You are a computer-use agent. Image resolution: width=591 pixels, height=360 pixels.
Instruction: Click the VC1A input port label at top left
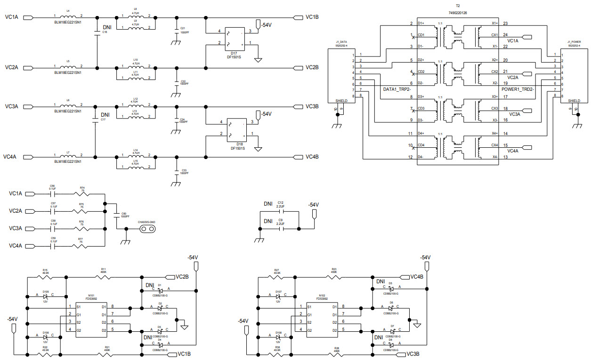click(x=11, y=17)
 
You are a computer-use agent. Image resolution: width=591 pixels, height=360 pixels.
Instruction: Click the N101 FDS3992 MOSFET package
click(x=91, y=319)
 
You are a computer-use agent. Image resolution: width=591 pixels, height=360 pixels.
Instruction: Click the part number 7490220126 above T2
click(x=455, y=13)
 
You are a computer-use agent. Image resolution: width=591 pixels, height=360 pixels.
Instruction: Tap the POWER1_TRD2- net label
click(x=518, y=88)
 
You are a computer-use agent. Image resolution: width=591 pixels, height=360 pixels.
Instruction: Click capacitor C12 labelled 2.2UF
click(x=281, y=212)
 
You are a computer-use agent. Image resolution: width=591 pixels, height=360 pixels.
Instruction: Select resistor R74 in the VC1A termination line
click(x=82, y=193)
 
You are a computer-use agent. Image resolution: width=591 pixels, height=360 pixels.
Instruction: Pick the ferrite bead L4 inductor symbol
click(x=68, y=17)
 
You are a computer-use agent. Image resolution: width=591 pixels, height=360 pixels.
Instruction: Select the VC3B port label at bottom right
click(x=413, y=354)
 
